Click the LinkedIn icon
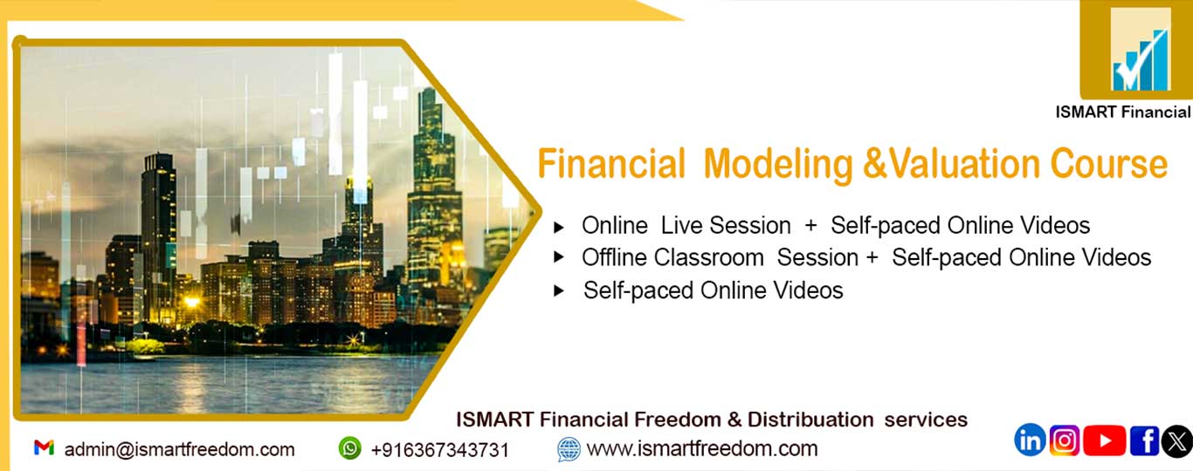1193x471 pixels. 1030,440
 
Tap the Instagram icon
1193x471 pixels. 1065,440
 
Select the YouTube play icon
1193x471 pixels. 1105,440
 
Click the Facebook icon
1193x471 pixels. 1145,440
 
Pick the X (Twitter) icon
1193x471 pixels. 1177,440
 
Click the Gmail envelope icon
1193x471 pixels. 45,447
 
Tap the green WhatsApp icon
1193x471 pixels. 350,448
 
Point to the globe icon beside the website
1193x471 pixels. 569,449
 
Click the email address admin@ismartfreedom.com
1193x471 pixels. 180,450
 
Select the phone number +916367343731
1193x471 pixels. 440,450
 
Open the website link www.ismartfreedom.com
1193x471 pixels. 702,448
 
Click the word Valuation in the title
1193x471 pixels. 964,164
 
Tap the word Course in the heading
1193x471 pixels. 1109,164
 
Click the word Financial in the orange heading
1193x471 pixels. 610,164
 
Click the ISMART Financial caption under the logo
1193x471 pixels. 1123,113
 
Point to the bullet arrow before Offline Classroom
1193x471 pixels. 559,257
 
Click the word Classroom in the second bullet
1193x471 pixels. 709,258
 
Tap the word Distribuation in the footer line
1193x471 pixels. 810,420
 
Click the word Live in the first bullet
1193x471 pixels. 681,225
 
